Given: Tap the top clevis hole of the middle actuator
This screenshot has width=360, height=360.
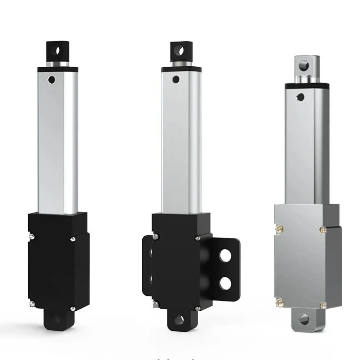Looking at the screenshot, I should pyautogui.click(x=181, y=51).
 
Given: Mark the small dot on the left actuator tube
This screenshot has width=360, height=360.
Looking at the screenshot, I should pyautogui.click(x=51, y=80).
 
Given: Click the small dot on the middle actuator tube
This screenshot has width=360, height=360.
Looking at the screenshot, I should pyautogui.click(x=176, y=80).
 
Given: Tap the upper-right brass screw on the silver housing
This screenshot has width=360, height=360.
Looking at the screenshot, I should pyautogui.click(x=323, y=229).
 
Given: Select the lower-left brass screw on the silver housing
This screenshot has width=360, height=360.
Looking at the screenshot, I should pyautogui.click(x=279, y=301).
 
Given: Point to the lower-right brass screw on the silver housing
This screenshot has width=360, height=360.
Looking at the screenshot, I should pyautogui.click(x=323, y=305).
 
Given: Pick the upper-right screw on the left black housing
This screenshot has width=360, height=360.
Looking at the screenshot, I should pyautogui.click(x=73, y=238).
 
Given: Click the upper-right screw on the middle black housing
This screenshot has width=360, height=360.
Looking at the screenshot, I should pyautogui.click(x=198, y=238).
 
